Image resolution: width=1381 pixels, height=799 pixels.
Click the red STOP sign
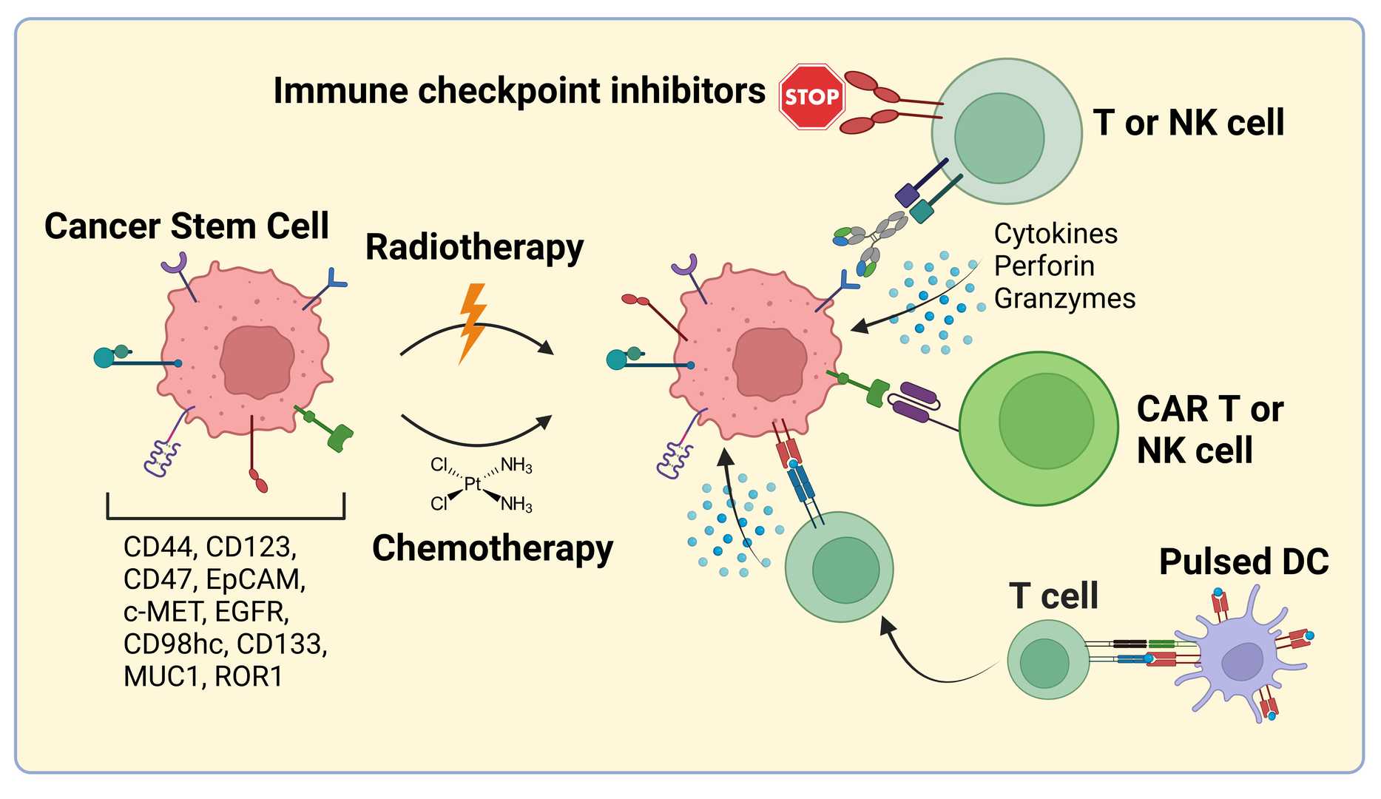(x=811, y=97)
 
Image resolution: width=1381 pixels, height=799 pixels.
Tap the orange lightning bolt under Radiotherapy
(x=472, y=322)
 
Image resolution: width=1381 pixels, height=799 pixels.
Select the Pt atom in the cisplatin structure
(x=473, y=485)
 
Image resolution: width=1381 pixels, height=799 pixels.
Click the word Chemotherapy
(x=493, y=549)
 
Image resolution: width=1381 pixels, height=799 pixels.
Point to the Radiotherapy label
(x=474, y=248)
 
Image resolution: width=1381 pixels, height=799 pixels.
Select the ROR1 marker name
(x=249, y=677)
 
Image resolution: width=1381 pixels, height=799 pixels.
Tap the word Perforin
(x=1044, y=266)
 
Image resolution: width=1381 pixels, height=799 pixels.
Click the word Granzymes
(x=1064, y=299)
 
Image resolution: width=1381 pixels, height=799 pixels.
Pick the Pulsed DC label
(x=1243, y=562)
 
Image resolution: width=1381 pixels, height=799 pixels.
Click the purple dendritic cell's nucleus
(x=1243, y=661)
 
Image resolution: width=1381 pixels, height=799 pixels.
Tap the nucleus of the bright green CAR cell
(x=1046, y=420)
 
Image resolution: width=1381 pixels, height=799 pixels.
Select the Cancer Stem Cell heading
(x=186, y=226)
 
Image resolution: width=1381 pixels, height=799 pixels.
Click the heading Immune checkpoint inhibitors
(x=519, y=91)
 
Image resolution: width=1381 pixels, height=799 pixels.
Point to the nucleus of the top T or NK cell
(x=999, y=138)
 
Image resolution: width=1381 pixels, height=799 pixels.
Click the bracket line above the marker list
(x=226, y=517)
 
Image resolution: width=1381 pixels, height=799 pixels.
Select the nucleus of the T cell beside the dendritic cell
(x=1044, y=663)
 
